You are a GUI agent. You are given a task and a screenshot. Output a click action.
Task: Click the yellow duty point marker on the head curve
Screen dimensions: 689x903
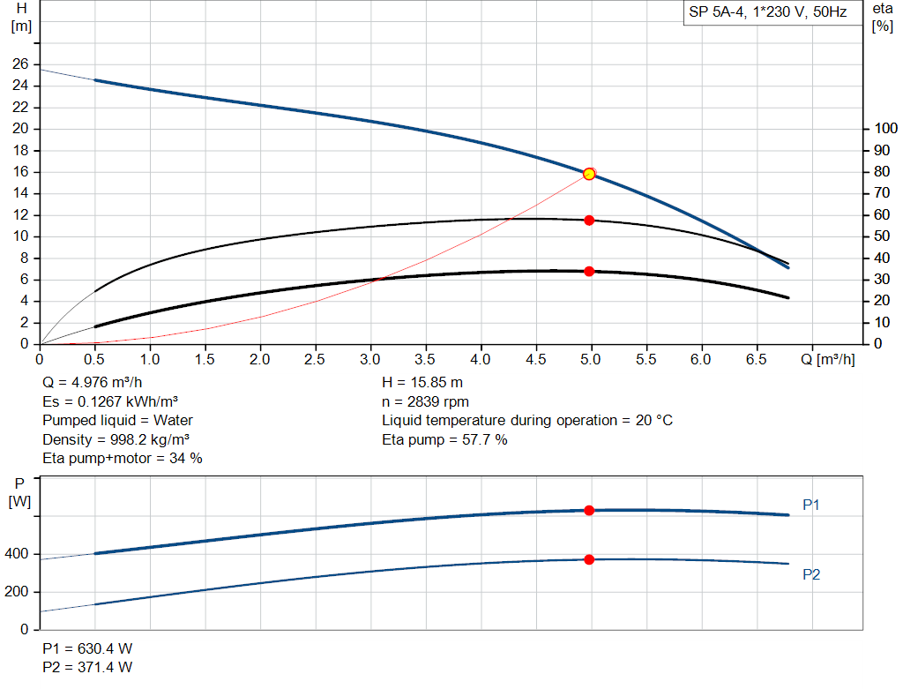[589, 174]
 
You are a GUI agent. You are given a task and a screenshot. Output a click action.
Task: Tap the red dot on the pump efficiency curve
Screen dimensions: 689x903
[589, 220]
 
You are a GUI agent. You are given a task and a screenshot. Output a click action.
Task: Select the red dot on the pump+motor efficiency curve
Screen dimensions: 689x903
[589, 271]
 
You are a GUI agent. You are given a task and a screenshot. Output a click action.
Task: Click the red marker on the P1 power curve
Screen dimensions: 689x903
[589, 510]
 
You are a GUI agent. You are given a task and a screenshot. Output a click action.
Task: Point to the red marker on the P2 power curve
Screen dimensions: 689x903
[589, 559]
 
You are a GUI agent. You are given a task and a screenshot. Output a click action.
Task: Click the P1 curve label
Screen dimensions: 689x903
[811, 506]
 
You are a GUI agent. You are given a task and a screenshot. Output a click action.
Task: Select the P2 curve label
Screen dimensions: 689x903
[811, 574]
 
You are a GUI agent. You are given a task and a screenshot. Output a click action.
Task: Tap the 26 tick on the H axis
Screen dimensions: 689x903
[19, 64]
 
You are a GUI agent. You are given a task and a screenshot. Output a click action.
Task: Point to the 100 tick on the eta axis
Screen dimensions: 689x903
[884, 129]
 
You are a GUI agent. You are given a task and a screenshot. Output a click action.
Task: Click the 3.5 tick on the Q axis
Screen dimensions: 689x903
[426, 360]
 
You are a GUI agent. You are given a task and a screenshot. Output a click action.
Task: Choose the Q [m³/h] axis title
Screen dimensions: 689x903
[828, 359]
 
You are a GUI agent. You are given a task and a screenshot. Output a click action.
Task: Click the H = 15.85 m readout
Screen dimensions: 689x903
[422, 383]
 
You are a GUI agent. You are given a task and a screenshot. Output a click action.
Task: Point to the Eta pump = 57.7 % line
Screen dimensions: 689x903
[444, 439]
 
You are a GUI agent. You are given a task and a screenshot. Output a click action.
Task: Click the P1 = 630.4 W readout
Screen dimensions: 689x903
[87, 648]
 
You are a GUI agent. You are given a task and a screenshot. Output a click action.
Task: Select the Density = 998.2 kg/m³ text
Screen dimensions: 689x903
[116, 439]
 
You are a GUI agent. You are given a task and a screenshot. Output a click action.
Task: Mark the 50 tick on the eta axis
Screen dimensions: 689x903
[881, 236]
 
